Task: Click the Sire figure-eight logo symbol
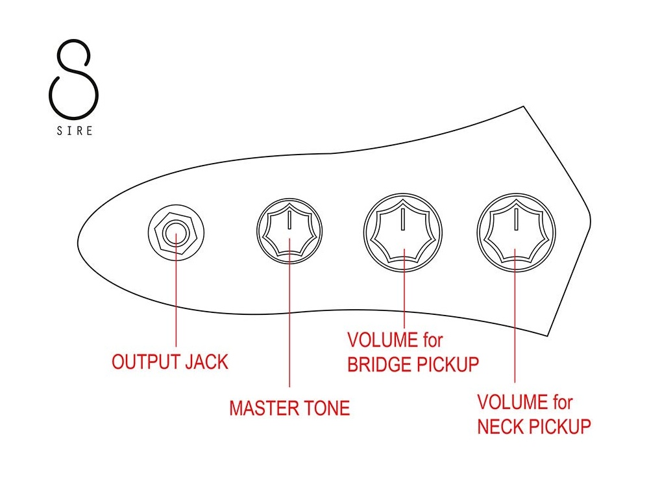[x=73, y=77]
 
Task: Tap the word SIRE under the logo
[x=73, y=131]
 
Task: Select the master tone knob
[x=289, y=233]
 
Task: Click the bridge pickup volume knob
[x=403, y=232]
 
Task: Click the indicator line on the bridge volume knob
[x=403, y=219]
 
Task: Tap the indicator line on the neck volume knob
[x=516, y=219]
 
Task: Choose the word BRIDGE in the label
[x=380, y=364]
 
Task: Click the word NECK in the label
[x=501, y=427]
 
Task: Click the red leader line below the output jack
[x=176, y=299]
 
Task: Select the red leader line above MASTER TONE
[x=289, y=325]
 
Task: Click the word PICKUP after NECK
[x=560, y=427]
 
